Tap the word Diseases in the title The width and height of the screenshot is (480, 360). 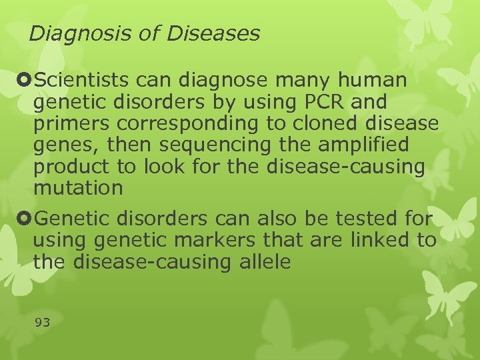pos(213,33)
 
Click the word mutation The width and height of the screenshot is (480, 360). pos(78,189)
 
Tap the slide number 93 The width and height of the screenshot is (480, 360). pos(42,323)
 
